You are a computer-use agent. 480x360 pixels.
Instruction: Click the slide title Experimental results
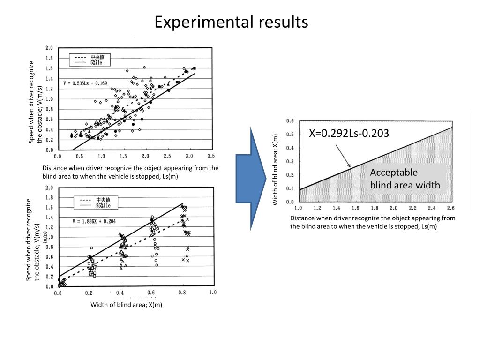pos(232,22)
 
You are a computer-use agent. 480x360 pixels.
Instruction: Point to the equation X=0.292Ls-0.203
pos(349,134)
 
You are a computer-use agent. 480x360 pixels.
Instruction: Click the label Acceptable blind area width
pos(405,179)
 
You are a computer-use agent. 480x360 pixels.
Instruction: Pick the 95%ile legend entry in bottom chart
pos(100,205)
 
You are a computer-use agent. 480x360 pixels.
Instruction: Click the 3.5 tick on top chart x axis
pos(211,156)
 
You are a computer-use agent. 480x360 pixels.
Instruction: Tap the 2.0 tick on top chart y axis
pos(49,48)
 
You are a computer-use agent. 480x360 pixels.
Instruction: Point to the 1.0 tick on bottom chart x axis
pos(212,292)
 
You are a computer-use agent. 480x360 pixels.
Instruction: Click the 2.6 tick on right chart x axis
pos(451,208)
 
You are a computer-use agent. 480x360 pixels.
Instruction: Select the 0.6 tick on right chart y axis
pos(290,121)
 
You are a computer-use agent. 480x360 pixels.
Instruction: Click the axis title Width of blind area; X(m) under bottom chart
pos(126,305)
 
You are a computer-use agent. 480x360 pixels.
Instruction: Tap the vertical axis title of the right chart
pos(276,169)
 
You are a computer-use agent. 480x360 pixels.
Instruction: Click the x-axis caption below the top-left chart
pos(130,172)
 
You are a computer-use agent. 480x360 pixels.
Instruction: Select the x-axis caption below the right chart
pos(373,222)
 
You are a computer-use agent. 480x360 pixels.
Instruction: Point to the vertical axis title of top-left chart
pos(36,102)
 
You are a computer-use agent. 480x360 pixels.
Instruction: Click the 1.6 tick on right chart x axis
pos(355,208)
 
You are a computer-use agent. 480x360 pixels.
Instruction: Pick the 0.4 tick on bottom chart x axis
pos(120,292)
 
